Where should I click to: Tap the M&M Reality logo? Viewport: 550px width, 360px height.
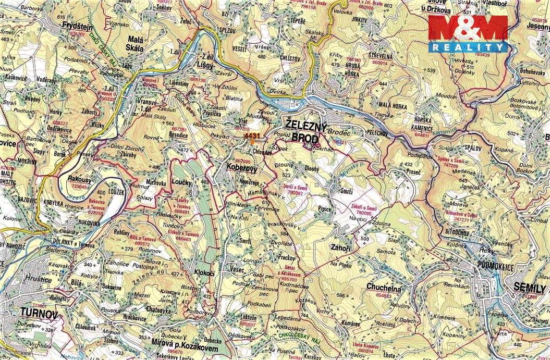point(468,34)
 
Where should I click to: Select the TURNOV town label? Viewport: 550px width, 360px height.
point(38,312)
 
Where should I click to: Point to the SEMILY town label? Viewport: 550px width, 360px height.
point(529,288)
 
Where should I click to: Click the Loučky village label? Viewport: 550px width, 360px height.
point(181,183)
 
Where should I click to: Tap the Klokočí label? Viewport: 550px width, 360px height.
point(205,272)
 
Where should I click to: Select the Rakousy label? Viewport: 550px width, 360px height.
point(80,179)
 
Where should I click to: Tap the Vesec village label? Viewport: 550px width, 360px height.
point(238,269)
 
